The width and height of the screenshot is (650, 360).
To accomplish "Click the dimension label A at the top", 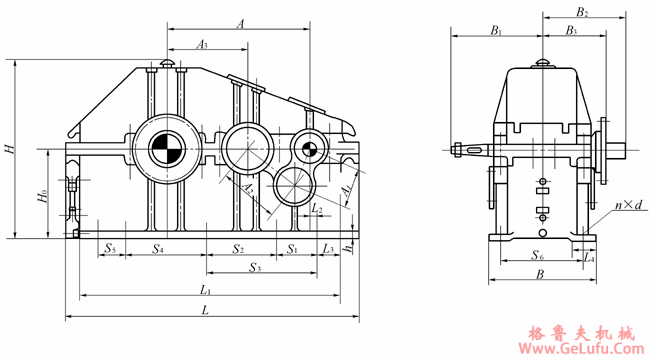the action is pyautogui.click(x=240, y=24).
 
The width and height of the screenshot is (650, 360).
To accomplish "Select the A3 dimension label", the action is pyautogui.click(x=202, y=44).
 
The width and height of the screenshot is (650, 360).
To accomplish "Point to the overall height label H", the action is pyautogui.click(x=9, y=148).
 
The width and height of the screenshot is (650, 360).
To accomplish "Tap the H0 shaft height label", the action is pyautogui.click(x=43, y=195).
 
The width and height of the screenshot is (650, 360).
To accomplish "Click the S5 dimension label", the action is pyautogui.click(x=110, y=248).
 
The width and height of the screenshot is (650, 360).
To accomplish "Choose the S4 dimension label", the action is pyautogui.click(x=158, y=248).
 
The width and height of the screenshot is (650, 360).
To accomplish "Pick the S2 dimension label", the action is pyautogui.click(x=238, y=249).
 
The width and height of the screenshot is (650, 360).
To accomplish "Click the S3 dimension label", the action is pyautogui.click(x=255, y=268).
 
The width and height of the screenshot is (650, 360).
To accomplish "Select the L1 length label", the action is pyautogui.click(x=206, y=289).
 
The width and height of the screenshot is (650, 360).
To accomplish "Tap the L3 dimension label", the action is pyautogui.click(x=328, y=248).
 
